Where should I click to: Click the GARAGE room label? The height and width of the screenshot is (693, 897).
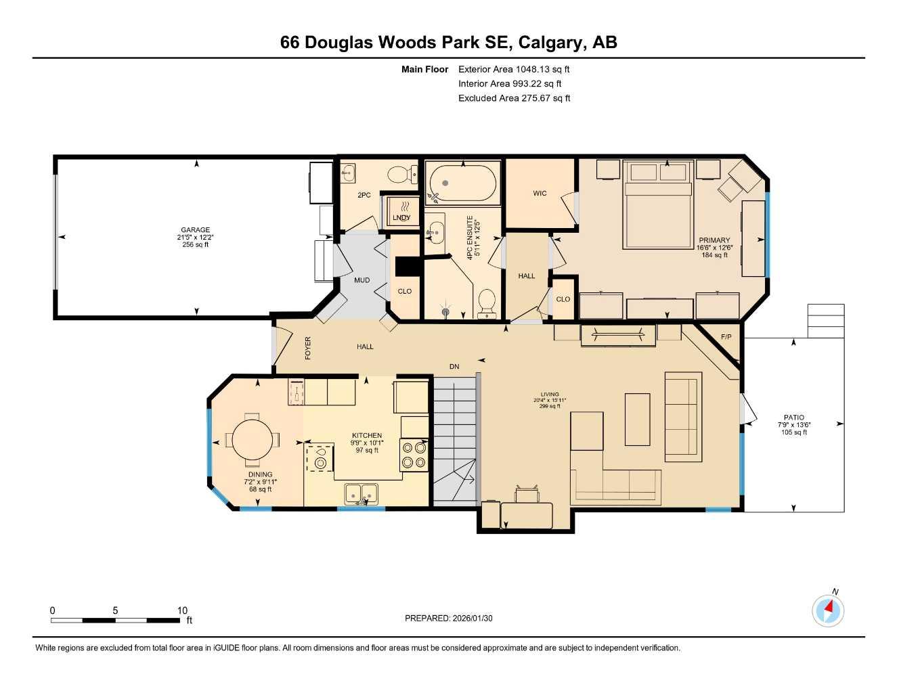click(x=195, y=230)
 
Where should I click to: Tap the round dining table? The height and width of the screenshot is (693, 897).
click(x=252, y=440)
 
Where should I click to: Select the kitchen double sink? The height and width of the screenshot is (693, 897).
click(x=362, y=494)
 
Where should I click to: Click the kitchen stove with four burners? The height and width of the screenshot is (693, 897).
click(x=414, y=454)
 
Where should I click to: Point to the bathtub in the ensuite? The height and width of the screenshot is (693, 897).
click(x=462, y=183)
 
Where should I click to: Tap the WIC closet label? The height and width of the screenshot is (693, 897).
click(x=540, y=194)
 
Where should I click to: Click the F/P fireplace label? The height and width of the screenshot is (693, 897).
click(x=726, y=337)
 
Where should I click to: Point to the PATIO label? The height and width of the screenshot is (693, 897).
click(x=794, y=418)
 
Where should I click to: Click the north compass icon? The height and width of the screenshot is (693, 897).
click(x=828, y=611)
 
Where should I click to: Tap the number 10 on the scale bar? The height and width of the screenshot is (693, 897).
click(x=182, y=610)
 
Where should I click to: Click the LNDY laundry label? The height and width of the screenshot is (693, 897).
click(x=401, y=217)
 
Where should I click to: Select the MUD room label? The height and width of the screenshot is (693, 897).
click(x=362, y=280)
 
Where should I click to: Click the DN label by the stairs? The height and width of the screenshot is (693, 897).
click(x=454, y=367)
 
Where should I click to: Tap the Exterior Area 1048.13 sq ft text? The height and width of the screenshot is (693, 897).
click(x=514, y=69)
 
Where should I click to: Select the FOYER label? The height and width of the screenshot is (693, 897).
click(x=308, y=348)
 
